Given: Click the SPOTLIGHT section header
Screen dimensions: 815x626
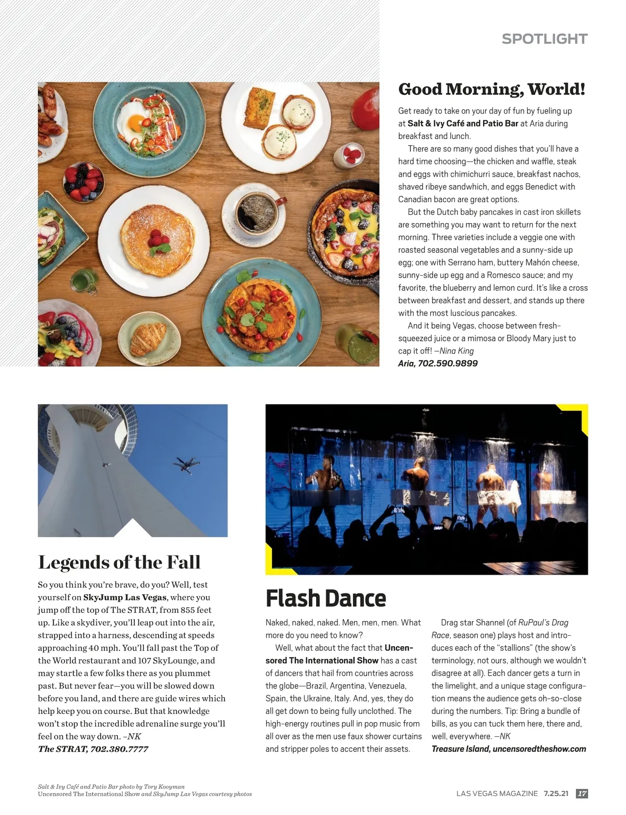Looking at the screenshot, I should [544, 39].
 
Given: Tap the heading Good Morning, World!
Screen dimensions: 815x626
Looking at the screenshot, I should [491, 89].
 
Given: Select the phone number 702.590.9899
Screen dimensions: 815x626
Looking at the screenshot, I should [448, 363].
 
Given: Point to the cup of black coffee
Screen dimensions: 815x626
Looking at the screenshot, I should [253, 213].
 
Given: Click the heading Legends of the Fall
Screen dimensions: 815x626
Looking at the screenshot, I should [119, 562].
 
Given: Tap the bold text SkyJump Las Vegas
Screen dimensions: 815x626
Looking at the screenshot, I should [125, 597].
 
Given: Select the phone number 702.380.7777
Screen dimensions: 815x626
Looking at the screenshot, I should [119, 749].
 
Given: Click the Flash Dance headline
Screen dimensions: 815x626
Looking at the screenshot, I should [326, 598].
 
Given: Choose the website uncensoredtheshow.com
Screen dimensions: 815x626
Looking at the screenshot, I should [539, 749].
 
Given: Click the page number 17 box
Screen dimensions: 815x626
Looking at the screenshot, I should [582, 794].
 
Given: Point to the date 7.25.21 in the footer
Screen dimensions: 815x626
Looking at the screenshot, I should [556, 794].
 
